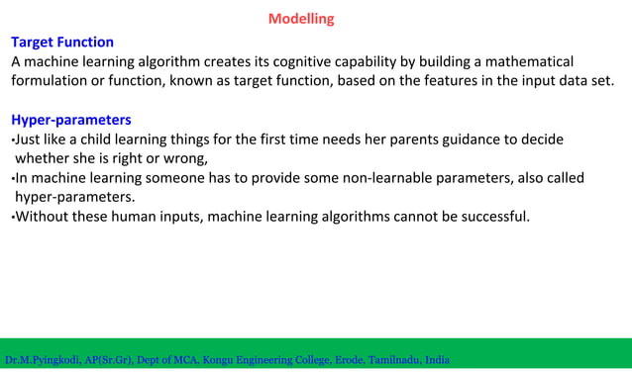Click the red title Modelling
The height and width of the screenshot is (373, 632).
[301, 19]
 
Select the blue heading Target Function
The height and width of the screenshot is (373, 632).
[61, 43]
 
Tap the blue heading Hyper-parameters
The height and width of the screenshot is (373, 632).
[70, 120]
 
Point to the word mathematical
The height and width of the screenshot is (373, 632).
[529, 61]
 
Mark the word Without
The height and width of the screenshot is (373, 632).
[41, 217]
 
